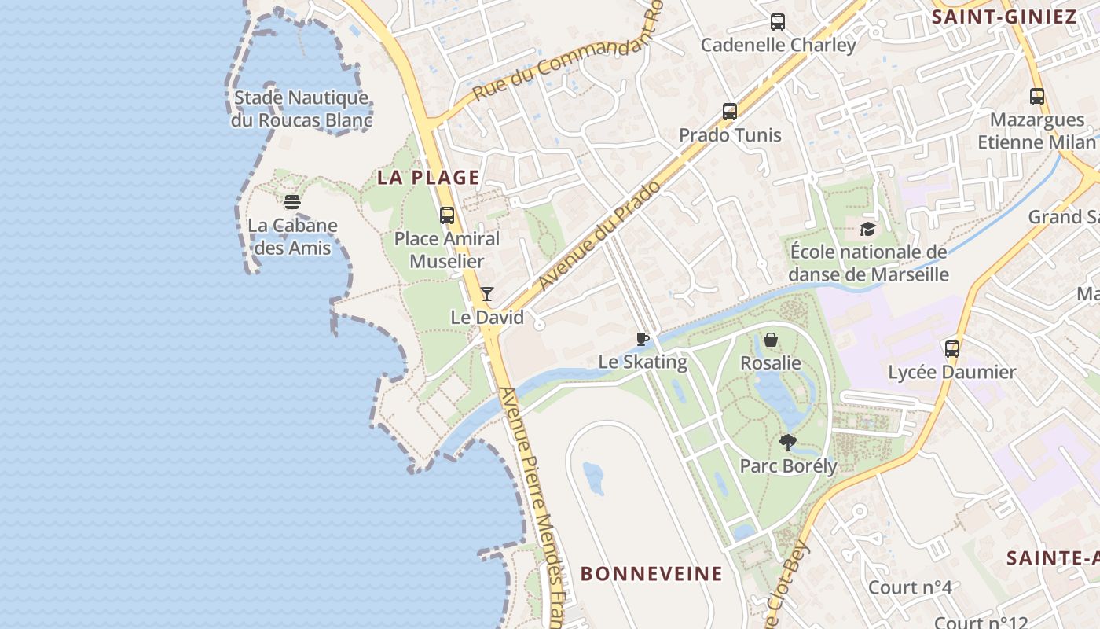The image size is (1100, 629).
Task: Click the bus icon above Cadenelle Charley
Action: (x=778, y=22)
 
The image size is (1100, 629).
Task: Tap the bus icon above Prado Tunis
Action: (x=730, y=112)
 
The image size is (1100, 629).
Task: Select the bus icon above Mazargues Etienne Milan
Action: (x=1037, y=97)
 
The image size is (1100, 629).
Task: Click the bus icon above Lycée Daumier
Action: (x=952, y=348)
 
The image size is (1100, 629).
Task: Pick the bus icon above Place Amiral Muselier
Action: (x=447, y=215)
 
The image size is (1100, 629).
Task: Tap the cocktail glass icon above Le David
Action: (x=487, y=294)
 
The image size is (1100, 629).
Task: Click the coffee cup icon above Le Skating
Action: (x=643, y=339)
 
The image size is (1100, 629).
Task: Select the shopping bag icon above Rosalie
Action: (x=771, y=340)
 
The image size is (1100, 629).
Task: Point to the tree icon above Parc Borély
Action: (x=788, y=443)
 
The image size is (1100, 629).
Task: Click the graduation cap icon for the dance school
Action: (x=867, y=229)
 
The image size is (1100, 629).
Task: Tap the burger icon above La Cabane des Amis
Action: (x=292, y=202)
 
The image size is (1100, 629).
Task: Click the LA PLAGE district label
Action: (x=428, y=178)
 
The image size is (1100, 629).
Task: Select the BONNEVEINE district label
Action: (x=651, y=574)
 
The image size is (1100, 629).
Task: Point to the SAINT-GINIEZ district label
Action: (x=1003, y=17)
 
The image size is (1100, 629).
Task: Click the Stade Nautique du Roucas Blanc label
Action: (x=302, y=109)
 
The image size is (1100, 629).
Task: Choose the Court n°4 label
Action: (x=910, y=587)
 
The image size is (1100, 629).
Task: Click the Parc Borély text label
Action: (x=788, y=466)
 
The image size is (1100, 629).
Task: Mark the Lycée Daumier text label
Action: (x=952, y=372)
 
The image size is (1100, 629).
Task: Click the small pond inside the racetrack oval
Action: (x=593, y=478)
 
